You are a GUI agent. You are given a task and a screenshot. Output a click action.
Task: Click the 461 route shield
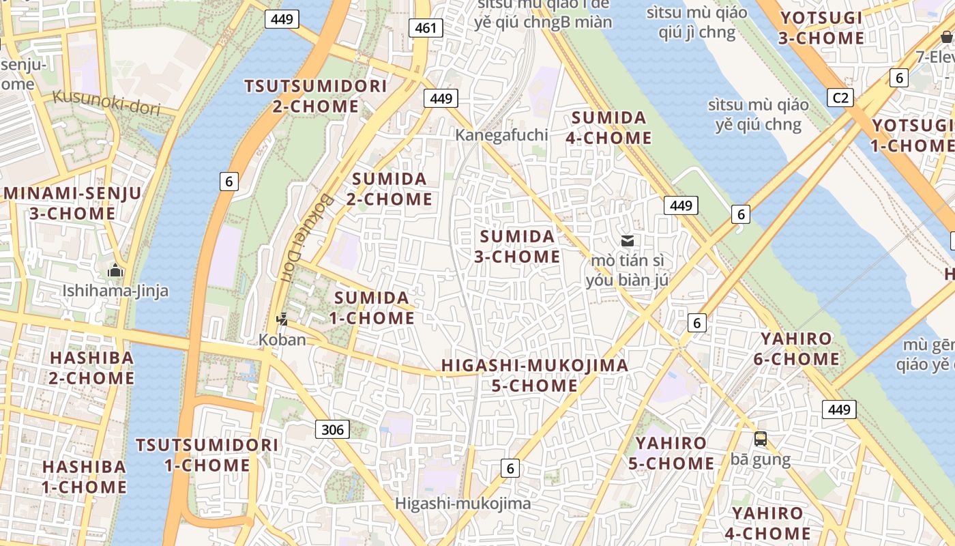pyautogui.click(x=426, y=28)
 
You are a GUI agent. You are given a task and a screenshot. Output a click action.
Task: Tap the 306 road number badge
pyautogui.click(x=332, y=429)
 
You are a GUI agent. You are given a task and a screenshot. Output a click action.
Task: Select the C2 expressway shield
pyautogui.click(x=840, y=98)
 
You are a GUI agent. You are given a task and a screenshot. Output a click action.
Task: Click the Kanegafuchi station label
pyautogui.click(x=501, y=135)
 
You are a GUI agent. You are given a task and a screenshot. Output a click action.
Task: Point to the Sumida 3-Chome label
pyautogui.click(x=517, y=246)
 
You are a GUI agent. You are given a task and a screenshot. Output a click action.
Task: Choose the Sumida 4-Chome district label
pyautogui.click(x=608, y=128)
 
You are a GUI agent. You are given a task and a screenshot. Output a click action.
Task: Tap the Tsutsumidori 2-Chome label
pyautogui.click(x=315, y=96)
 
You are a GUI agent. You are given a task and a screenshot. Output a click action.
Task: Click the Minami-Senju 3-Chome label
pyautogui.click(x=72, y=203)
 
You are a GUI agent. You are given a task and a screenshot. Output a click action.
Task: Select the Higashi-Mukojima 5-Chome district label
pyautogui.click(x=534, y=375)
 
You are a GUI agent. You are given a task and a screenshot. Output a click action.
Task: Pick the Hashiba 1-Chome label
pyautogui.click(x=85, y=477)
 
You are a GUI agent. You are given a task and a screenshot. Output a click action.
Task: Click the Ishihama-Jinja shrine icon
pyautogui.click(x=115, y=271)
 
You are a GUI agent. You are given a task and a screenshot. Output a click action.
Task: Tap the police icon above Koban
pyautogui.click(x=282, y=319)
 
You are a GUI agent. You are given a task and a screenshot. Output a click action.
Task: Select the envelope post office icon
pyautogui.click(x=628, y=240)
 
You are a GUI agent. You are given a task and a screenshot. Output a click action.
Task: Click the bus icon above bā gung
pyautogui.click(x=761, y=439)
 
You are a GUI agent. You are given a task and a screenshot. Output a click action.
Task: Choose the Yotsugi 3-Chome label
pyautogui.click(x=821, y=28)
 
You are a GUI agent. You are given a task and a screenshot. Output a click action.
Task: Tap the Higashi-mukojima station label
pyautogui.click(x=463, y=504)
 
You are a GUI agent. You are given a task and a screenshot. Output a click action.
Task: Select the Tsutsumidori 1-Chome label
pyautogui.click(x=207, y=455)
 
